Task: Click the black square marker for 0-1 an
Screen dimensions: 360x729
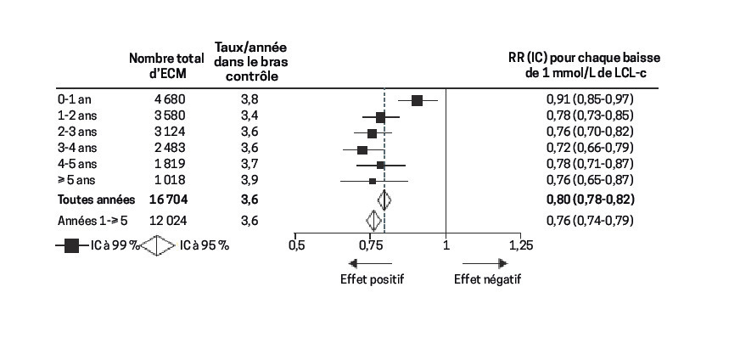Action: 417,100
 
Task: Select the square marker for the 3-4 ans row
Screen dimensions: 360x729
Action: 362,149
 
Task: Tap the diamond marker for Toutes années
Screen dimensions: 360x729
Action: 384,200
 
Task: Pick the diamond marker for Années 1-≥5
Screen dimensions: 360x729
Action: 373,221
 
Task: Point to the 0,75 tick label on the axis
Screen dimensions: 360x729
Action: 370,246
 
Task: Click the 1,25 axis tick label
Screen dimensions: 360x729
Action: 520,246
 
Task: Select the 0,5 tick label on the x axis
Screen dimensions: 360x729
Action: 295,246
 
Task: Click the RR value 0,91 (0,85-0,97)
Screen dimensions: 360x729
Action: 590,100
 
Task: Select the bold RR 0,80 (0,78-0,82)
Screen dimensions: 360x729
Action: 590,200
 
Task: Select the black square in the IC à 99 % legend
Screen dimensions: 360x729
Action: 71,246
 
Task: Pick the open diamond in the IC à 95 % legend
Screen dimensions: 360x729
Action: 157,246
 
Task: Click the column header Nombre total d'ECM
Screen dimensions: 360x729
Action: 166,65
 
